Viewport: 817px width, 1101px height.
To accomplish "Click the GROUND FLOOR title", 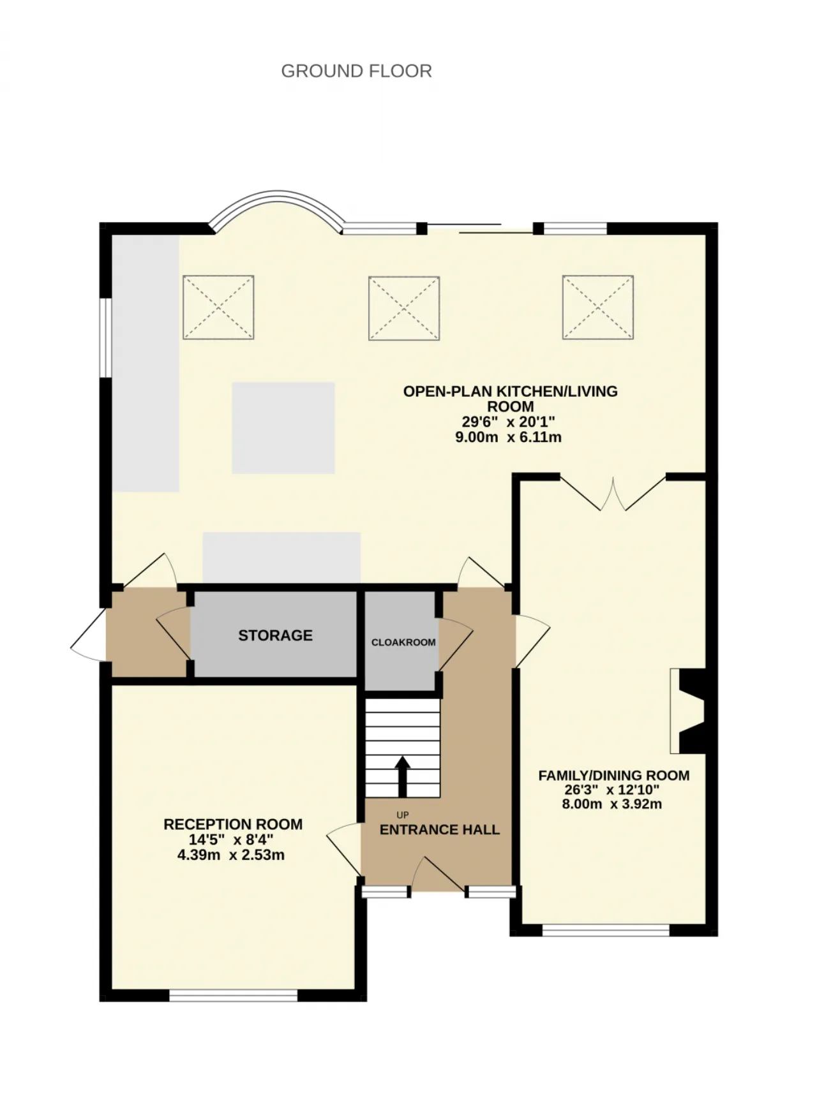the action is tap(356, 71).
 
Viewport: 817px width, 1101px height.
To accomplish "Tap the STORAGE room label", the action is tap(275, 635).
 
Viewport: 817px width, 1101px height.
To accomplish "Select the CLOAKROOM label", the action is tap(403, 642).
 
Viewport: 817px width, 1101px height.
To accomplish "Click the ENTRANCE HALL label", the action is tap(439, 829).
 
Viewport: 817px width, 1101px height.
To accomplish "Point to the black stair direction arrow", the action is tap(402, 776).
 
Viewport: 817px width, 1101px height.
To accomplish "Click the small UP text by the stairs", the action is tap(402, 815).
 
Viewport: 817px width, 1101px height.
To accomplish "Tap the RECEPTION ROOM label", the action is tap(233, 824).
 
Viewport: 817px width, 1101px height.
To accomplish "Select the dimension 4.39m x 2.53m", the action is tap(231, 855).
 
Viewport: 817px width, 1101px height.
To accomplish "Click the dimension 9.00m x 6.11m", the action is tap(508, 437).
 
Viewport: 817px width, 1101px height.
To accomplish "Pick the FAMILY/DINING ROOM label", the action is tap(613, 776).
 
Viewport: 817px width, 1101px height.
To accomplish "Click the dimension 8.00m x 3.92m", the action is tap(611, 804).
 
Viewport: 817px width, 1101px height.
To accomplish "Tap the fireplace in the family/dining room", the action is tap(687, 711).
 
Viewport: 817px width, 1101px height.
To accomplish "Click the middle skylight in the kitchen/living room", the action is tap(404, 308).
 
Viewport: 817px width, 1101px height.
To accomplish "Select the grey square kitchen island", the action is tap(283, 428).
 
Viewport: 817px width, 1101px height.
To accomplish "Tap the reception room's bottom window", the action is tap(234, 994).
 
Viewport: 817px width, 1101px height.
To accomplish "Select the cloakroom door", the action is tap(455, 644).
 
